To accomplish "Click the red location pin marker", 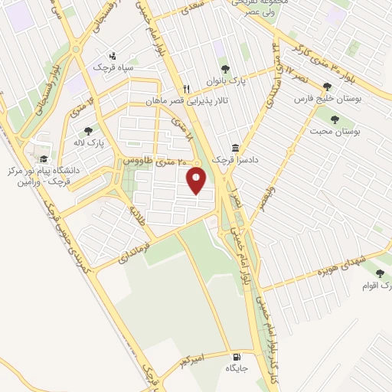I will pos(197,181).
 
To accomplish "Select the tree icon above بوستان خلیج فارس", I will pos(328,87).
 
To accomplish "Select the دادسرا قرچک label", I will pos(230,160).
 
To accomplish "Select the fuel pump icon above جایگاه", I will pos(236,357).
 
